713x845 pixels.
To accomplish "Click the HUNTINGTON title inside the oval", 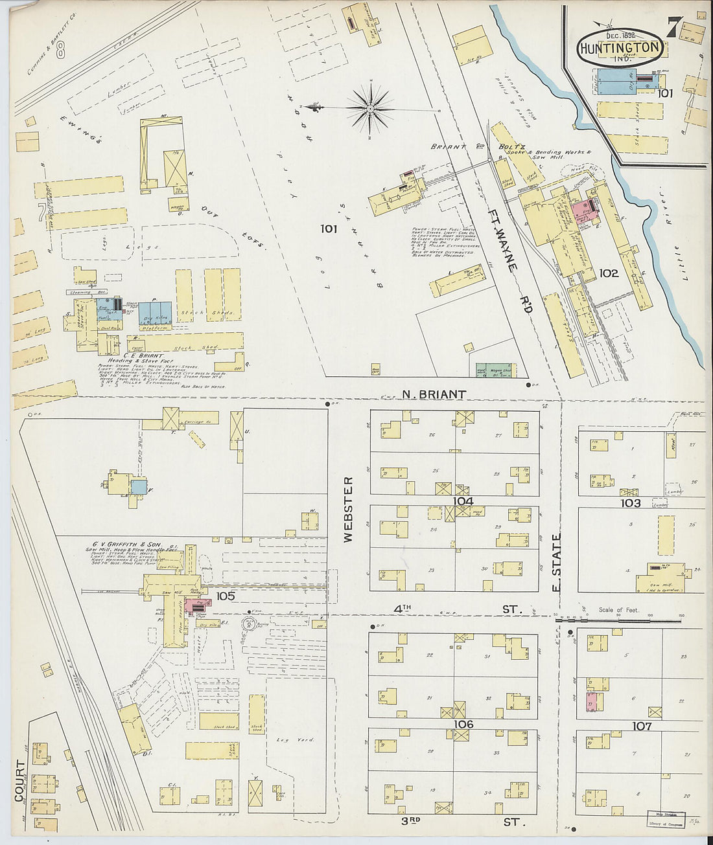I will (620, 48).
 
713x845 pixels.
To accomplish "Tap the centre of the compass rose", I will (369, 108).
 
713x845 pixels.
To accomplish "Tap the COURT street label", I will (19, 781).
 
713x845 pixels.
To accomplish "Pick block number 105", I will (225, 595).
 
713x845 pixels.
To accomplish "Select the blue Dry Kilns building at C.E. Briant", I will (156, 313).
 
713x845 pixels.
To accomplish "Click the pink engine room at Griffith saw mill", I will (195, 605).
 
